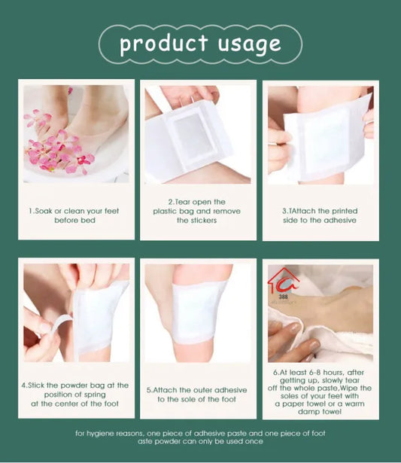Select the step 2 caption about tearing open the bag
coord(199,211)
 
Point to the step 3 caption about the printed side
coord(320,215)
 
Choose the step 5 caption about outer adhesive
coord(199,394)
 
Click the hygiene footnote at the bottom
coord(200,437)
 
